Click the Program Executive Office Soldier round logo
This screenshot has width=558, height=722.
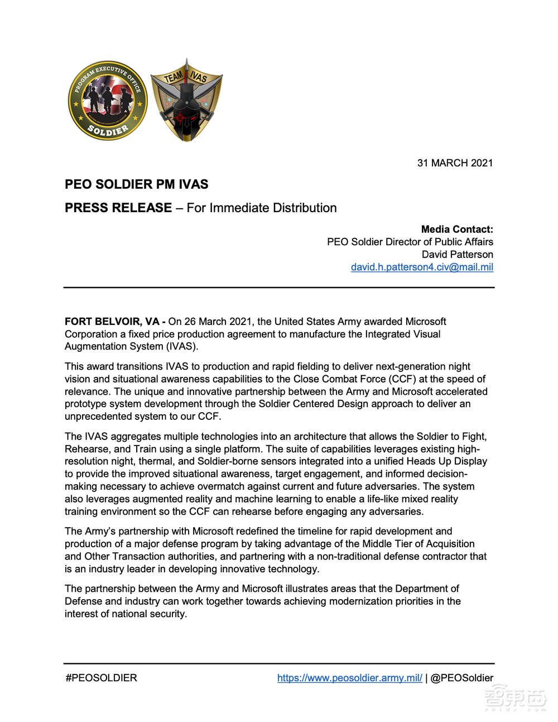(108, 101)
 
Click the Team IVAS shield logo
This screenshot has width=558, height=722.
(186, 101)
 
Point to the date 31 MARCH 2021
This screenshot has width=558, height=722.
(455, 163)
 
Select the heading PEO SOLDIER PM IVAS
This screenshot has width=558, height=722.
(136, 184)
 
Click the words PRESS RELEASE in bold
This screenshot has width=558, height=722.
(118, 208)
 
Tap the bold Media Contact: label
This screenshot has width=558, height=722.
(457, 229)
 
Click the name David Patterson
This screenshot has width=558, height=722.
(457, 254)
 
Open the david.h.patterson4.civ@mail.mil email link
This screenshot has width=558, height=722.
(422, 267)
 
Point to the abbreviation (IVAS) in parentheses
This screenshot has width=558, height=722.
(181, 346)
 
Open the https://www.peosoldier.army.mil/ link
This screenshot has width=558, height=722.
(349, 678)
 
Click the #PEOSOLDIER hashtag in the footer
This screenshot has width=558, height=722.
(101, 678)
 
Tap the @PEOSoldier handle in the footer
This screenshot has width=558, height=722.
(462, 678)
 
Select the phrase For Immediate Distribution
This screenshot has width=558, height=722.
(261, 208)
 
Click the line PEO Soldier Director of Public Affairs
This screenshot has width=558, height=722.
(410, 242)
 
